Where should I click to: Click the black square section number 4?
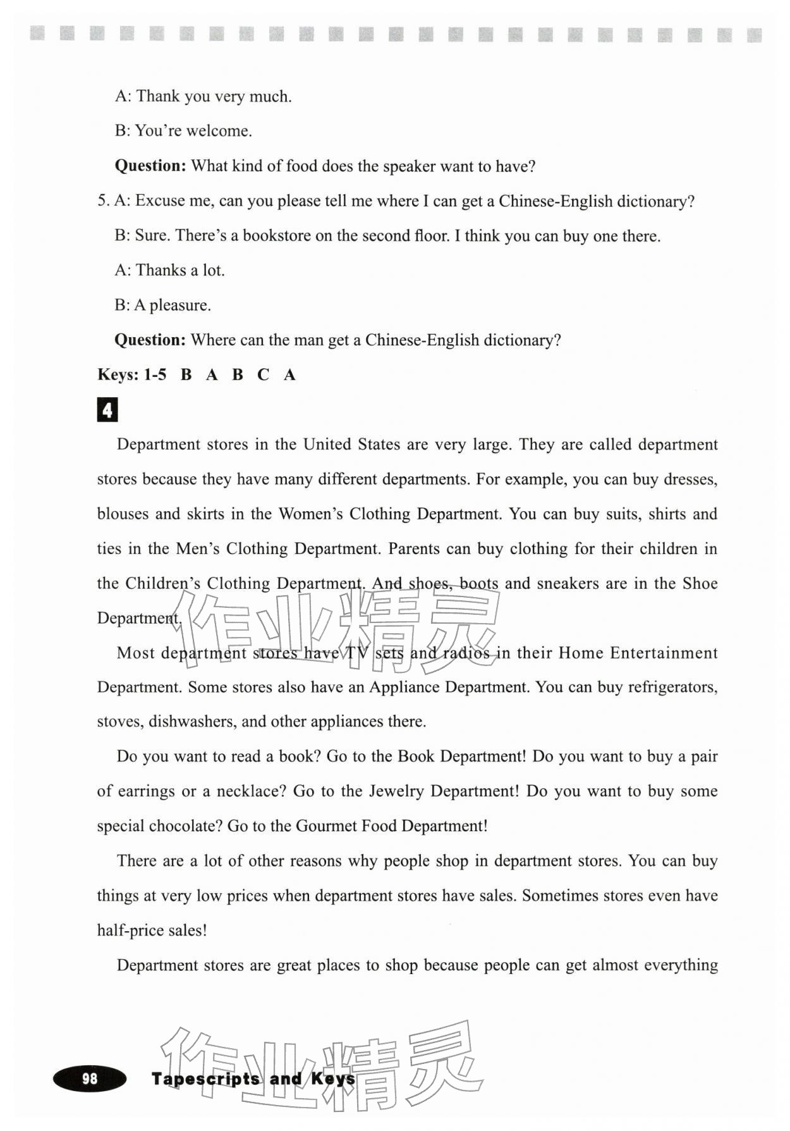[x=107, y=410]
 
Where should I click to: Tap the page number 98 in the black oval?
[x=90, y=1078]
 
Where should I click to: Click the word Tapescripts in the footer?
[x=205, y=1078]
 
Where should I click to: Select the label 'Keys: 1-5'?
[x=131, y=374]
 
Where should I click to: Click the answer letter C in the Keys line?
[x=263, y=374]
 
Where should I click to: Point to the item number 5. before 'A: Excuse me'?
[x=103, y=201]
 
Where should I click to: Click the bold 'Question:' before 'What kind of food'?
[x=150, y=166]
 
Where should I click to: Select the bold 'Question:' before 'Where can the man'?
[x=150, y=340]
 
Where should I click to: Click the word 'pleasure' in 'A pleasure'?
[x=179, y=306]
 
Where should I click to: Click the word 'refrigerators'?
[x=672, y=687]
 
